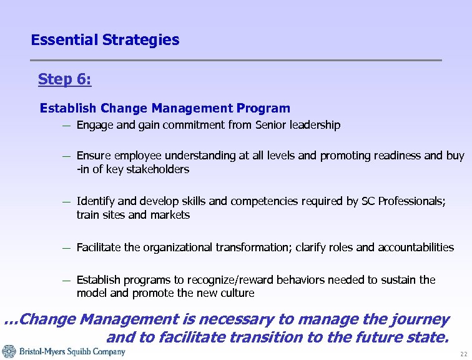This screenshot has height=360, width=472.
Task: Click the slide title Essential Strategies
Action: click(x=105, y=40)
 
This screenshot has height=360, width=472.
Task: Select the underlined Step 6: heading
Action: click(x=64, y=79)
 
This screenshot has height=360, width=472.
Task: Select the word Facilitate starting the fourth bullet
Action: click(x=99, y=247)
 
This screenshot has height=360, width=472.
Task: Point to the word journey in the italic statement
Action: click(x=423, y=320)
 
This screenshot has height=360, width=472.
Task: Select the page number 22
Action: click(x=463, y=354)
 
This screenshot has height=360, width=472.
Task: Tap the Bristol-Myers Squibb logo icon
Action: click(x=8, y=351)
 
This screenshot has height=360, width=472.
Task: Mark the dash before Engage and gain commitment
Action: click(x=66, y=126)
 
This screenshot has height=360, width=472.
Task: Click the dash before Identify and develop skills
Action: click(x=66, y=202)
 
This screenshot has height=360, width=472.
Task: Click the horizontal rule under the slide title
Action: click(x=236, y=60)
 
